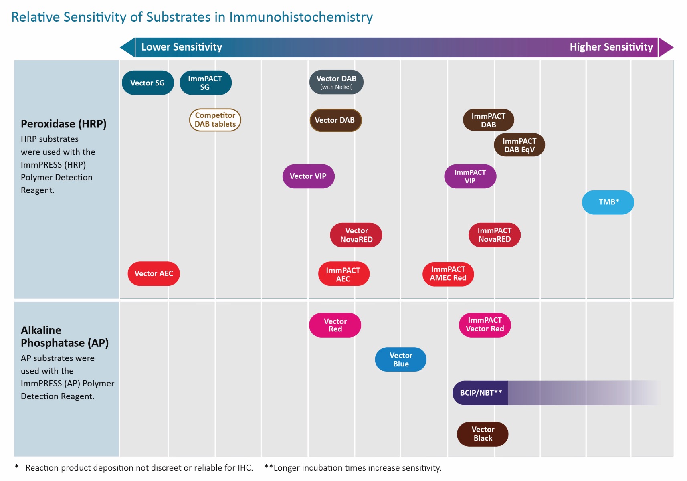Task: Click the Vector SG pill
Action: (148, 83)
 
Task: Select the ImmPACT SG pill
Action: (206, 83)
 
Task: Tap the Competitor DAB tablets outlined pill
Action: (215, 120)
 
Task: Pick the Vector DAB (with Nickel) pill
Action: (336, 82)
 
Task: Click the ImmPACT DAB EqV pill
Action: (519, 145)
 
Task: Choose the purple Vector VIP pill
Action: (309, 176)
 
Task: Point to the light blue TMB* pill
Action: (608, 202)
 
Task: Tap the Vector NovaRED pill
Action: (356, 235)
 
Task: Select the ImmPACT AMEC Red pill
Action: (448, 274)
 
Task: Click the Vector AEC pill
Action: (154, 274)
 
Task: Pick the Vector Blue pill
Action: (400, 360)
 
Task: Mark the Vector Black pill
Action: (483, 434)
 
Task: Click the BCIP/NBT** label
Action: (481, 393)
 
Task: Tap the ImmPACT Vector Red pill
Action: (485, 325)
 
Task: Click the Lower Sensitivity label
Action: (182, 47)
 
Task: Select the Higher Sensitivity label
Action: (611, 47)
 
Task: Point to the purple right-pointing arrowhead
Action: (666, 47)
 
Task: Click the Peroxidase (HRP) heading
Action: (64, 124)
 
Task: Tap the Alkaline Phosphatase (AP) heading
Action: (65, 337)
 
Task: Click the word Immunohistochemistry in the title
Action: (301, 17)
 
